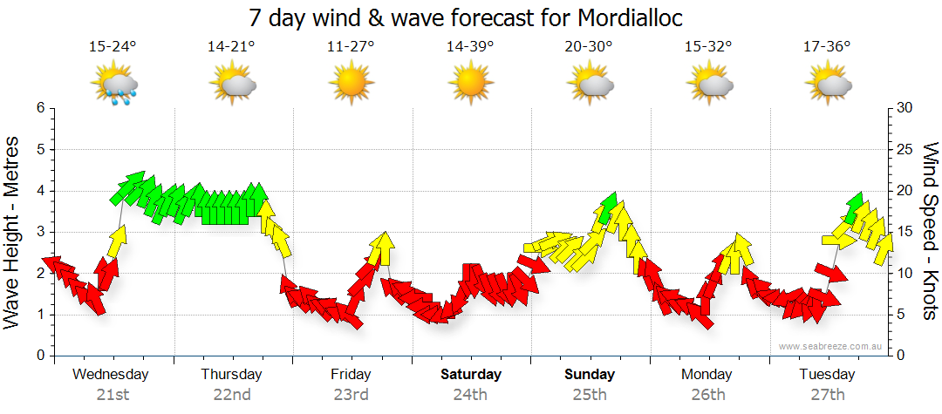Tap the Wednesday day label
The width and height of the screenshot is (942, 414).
111,374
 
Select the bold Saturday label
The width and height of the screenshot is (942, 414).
470,374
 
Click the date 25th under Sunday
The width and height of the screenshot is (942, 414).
589,394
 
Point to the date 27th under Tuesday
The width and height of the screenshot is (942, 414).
827,394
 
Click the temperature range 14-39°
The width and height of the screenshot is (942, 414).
470,46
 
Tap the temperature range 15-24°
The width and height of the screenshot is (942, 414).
113,46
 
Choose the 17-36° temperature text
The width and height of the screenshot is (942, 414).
827,46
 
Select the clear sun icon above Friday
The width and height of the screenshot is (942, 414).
352,84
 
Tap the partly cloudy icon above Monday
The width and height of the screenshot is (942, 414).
709,84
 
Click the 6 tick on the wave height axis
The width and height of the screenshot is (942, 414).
39,108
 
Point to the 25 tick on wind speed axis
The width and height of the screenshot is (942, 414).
904,149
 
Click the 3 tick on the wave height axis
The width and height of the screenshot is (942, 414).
39,232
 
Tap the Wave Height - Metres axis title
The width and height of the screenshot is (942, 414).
14,232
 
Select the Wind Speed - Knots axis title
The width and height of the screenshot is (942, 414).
929,232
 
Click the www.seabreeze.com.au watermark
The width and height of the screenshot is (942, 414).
830,346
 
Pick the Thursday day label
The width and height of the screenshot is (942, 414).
231,374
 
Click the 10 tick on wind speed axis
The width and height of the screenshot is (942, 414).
904,273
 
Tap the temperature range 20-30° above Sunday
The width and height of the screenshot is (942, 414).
589,46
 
